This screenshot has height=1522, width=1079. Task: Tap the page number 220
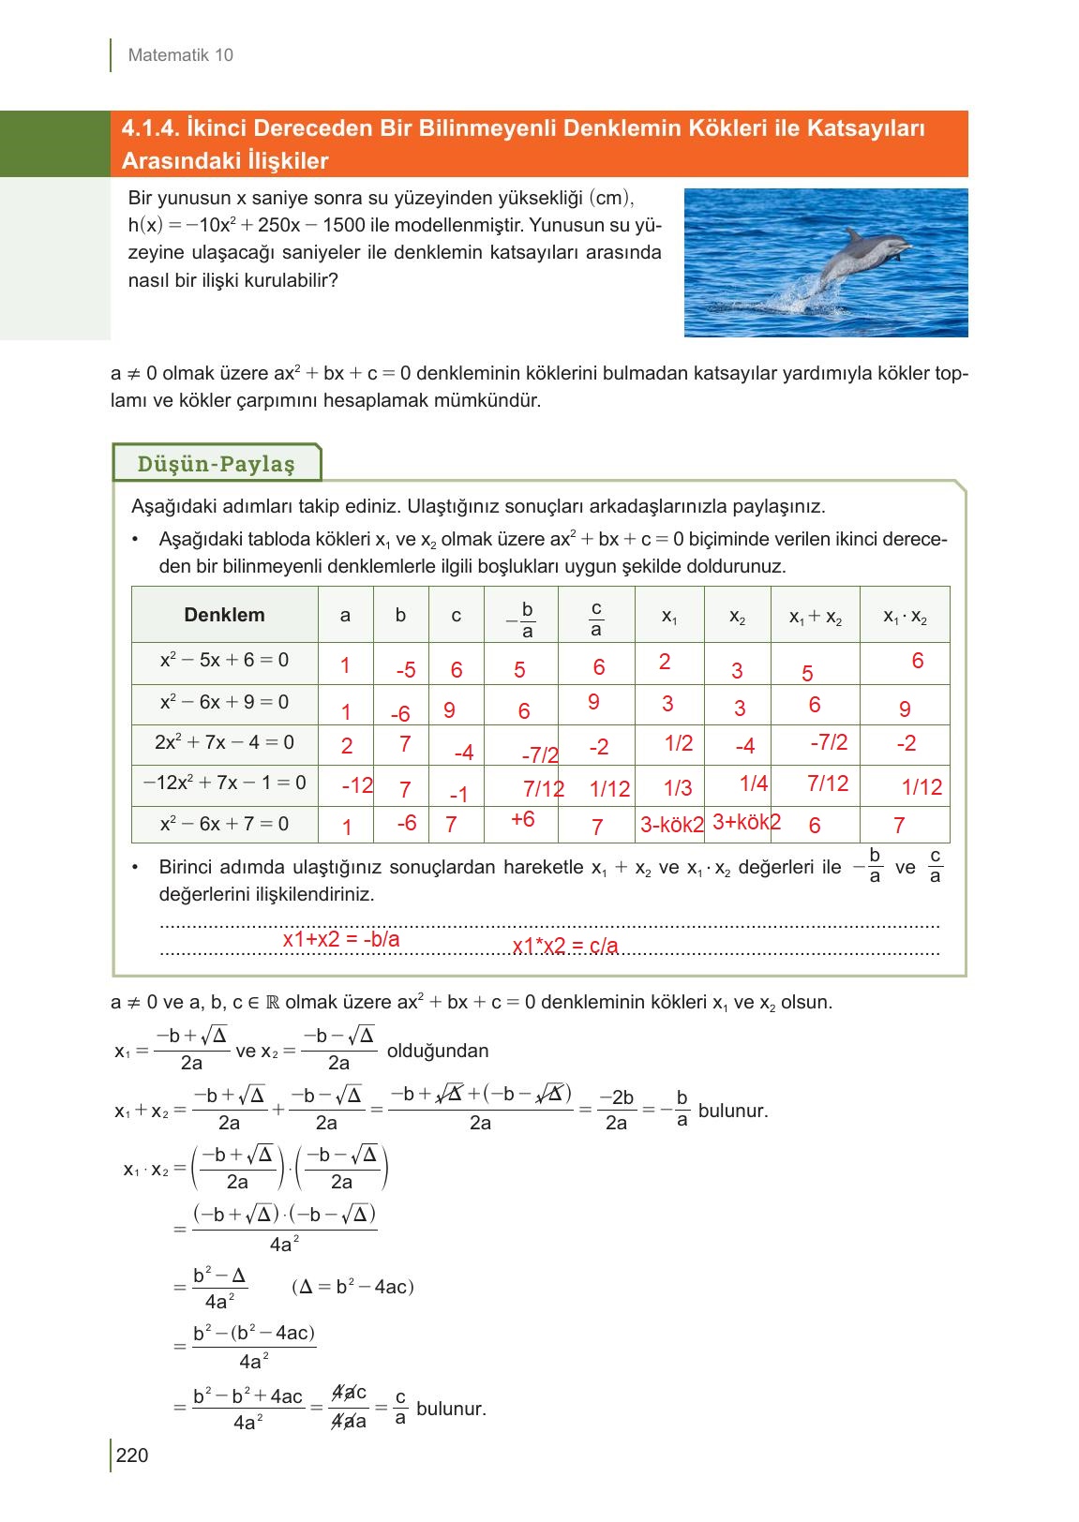(x=132, y=1455)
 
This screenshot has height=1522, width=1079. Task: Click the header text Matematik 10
(x=180, y=55)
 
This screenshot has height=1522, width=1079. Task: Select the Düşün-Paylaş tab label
(x=216, y=464)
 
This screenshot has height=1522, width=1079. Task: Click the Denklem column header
(x=224, y=615)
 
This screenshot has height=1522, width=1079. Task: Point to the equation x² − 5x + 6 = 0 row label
(x=224, y=660)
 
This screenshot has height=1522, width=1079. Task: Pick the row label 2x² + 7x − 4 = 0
(x=224, y=742)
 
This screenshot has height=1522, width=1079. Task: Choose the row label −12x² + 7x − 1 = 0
(x=224, y=783)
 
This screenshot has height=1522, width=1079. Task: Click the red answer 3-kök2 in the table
(x=671, y=825)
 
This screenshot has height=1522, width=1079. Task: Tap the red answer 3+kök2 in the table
(x=746, y=822)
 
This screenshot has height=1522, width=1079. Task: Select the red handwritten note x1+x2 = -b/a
(x=341, y=939)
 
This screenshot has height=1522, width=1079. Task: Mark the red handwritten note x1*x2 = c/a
(x=565, y=946)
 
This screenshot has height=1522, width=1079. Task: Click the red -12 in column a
(x=357, y=785)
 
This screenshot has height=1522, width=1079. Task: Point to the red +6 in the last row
(x=522, y=819)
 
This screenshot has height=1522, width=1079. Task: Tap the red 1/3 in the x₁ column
(x=678, y=788)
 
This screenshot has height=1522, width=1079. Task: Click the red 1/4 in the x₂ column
(x=754, y=783)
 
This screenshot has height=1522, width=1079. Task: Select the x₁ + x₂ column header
(x=815, y=617)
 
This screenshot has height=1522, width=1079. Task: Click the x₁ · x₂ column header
(x=905, y=617)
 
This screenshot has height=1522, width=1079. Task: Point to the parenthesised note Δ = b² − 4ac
(x=352, y=1287)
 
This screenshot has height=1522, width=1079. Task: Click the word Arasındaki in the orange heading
(x=172, y=161)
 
